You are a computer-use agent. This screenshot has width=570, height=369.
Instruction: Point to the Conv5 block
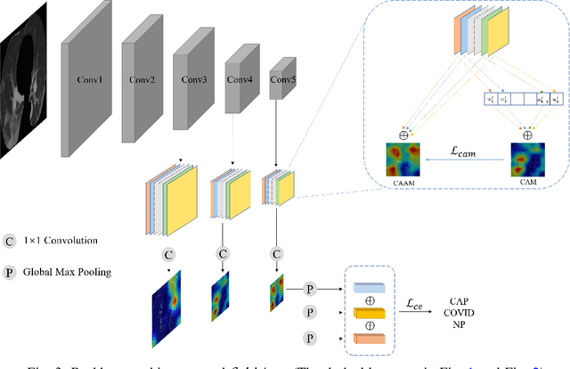pyautogui.click(x=282, y=80)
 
